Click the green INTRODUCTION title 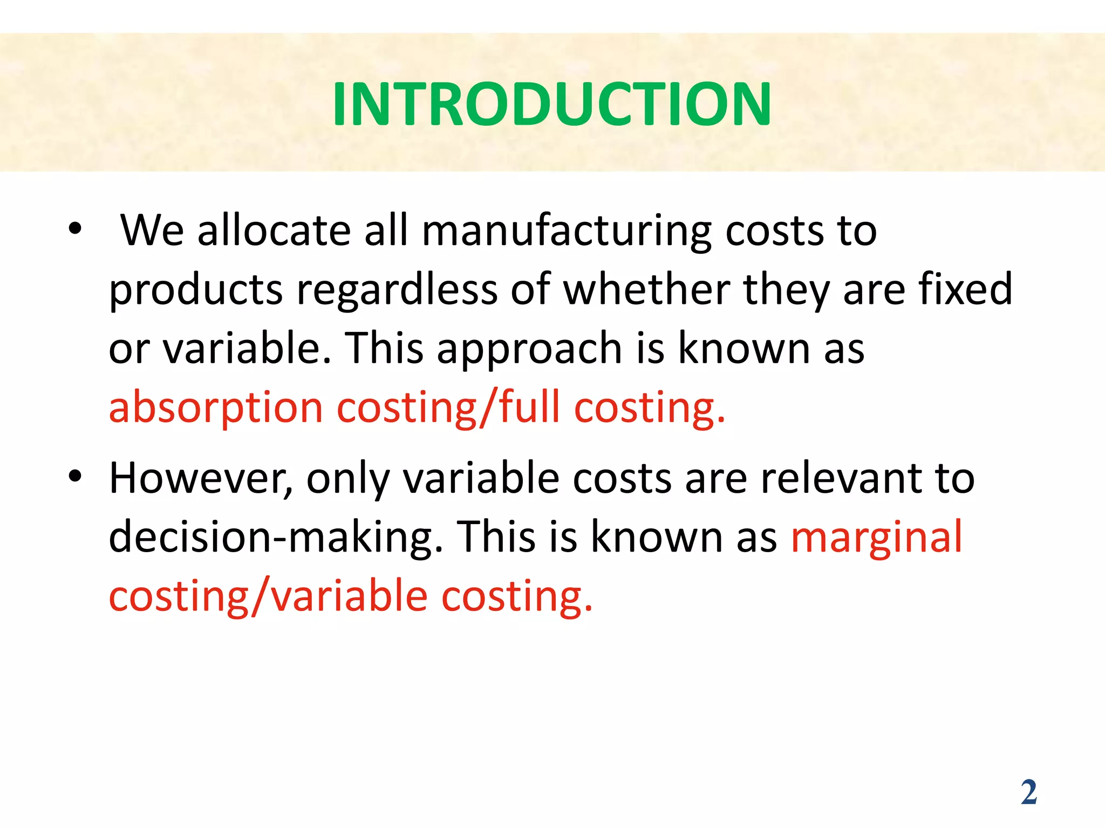[x=551, y=104]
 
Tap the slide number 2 [x=1028, y=792]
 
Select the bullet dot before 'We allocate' [x=75, y=229]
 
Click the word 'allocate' [x=274, y=231]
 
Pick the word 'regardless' [x=397, y=290]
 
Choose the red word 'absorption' [x=216, y=408]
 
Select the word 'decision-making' [x=276, y=538]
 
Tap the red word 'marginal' [x=876, y=538]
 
